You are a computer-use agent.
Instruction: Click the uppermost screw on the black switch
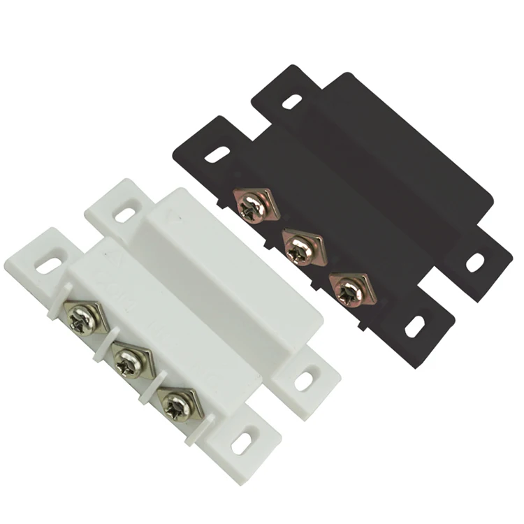coord(249,205)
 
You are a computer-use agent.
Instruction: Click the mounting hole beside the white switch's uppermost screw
coord(49,265)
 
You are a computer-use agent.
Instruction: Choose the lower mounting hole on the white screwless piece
coord(304,381)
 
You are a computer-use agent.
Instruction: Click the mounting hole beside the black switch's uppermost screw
coord(217,154)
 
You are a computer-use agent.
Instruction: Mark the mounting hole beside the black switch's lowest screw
coord(414,324)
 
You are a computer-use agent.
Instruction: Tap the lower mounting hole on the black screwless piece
coord(475,263)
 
